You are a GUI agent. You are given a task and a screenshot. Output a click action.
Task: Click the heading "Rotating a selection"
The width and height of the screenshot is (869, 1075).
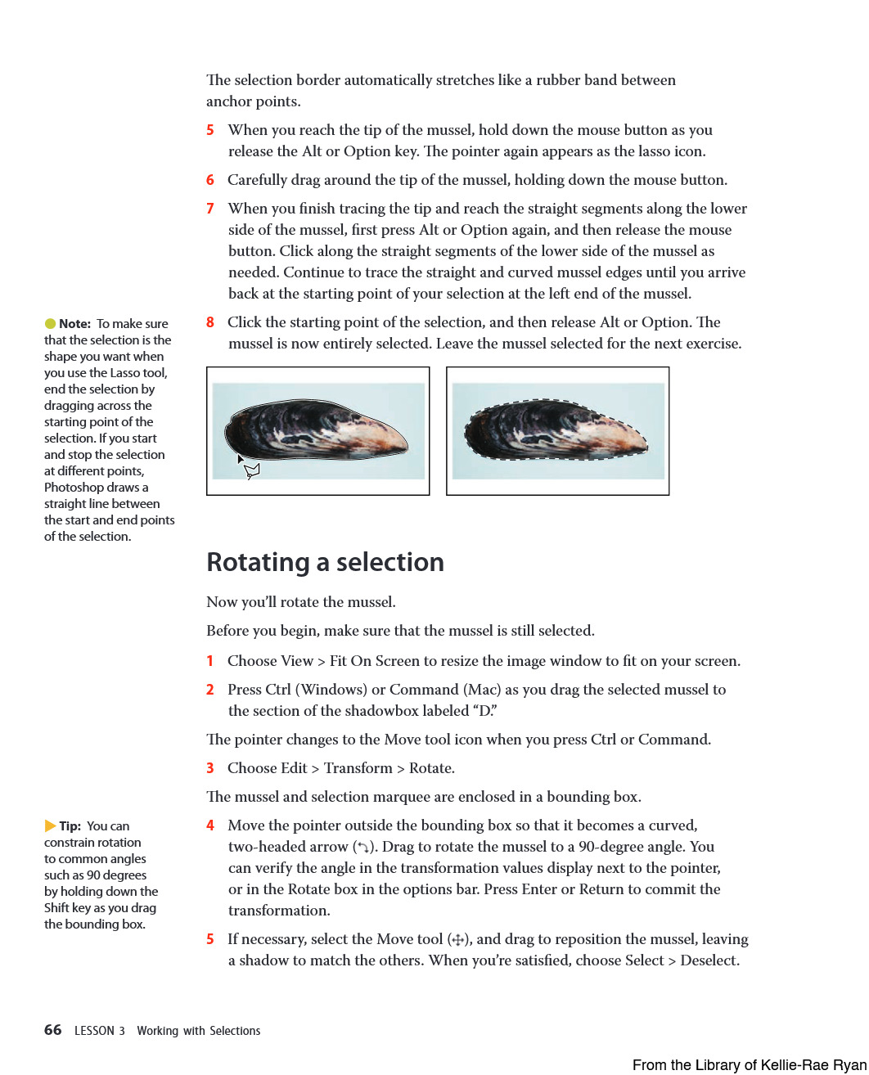pyautogui.click(x=325, y=562)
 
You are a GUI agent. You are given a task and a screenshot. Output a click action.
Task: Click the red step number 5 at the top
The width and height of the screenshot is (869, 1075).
pyautogui.click(x=210, y=130)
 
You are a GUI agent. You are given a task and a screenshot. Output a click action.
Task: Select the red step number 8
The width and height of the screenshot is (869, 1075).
pyautogui.click(x=210, y=322)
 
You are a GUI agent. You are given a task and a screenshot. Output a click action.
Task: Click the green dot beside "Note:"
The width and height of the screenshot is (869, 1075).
pyautogui.click(x=50, y=324)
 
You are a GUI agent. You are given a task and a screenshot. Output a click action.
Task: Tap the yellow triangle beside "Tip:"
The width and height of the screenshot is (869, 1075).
pyautogui.click(x=50, y=826)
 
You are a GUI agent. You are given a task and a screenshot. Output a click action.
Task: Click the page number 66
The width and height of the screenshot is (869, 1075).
pyautogui.click(x=52, y=1030)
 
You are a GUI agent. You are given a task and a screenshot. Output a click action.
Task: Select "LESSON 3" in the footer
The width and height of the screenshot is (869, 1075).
pyautogui.click(x=99, y=1031)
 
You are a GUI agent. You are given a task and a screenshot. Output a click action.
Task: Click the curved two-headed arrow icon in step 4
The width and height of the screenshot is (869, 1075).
pyautogui.click(x=363, y=848)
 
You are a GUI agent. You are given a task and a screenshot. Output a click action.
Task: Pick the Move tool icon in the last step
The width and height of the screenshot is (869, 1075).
pyautogui.click(x=458, y=940)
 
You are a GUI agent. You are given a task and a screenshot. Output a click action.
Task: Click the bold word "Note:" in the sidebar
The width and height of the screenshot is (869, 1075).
pyautogui.click(x=74, y=324)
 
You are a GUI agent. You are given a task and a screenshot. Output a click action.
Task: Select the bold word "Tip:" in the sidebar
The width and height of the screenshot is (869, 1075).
pyautogui.click(x=70, y=826)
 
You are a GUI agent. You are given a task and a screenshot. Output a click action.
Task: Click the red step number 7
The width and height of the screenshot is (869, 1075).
pyautogui.click(x=210, y=209)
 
